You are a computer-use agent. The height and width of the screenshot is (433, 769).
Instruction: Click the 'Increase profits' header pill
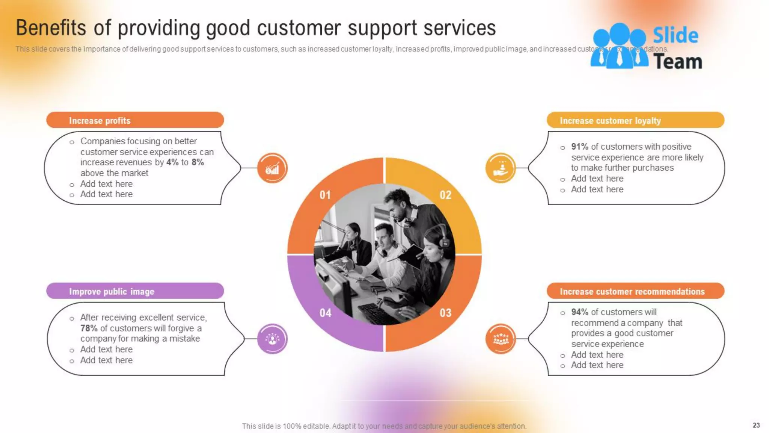tap(135, 120)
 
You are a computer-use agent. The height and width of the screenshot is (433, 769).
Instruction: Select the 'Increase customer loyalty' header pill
tap(635, 120)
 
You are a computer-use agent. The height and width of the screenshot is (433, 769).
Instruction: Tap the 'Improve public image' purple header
tap(135, 291)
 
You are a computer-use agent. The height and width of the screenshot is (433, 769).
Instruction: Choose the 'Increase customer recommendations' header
tap(635, 291)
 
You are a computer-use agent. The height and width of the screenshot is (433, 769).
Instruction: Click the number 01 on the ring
tap(325, 195)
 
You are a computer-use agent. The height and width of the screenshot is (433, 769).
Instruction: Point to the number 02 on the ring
tap(446, 195)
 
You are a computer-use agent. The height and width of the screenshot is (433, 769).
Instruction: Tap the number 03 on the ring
tap(446, 313)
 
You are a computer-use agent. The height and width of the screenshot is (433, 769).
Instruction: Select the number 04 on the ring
tap(325, 313)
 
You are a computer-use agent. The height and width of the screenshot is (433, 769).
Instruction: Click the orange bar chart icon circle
tap(272, 168)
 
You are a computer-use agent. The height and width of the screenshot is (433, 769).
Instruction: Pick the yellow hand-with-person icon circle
tap(501, 168)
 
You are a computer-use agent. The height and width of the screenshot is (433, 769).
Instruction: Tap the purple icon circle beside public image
tap(272, 339)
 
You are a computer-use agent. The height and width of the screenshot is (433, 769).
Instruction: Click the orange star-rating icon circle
tap(501, 339)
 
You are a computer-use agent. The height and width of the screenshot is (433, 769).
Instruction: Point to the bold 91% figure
tap(580, 147)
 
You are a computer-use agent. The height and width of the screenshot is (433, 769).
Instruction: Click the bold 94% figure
tap(580, 312)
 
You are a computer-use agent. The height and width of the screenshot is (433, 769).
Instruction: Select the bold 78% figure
tap(89, 328)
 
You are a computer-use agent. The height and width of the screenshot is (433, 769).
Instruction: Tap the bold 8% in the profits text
tap(198, 162)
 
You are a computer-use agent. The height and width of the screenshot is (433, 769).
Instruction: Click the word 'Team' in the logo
tap(678, 62)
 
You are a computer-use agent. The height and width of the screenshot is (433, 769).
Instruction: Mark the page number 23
tap(756, 425)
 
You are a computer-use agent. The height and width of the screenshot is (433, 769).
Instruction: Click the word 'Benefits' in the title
tap(51, 28)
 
